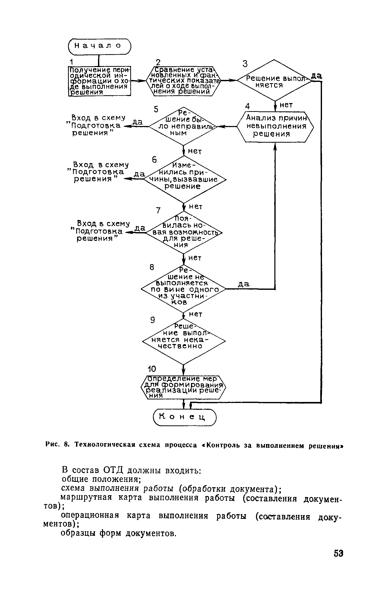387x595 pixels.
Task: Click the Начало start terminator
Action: [100, 46]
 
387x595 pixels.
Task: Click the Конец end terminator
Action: [185, 418]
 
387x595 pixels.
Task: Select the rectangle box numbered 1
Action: [100, 81]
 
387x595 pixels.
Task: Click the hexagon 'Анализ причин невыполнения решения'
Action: [275, 127]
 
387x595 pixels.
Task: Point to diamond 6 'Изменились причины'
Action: [184, 179]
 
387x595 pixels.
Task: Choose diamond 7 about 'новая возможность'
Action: [184, 233]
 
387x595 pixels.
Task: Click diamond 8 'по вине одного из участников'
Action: [184, 289]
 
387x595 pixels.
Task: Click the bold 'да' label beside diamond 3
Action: [317, 76]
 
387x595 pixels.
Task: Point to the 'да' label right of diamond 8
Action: [244, 284]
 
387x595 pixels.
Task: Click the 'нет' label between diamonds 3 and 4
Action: [286, 105]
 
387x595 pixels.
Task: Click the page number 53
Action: [338, 554]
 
